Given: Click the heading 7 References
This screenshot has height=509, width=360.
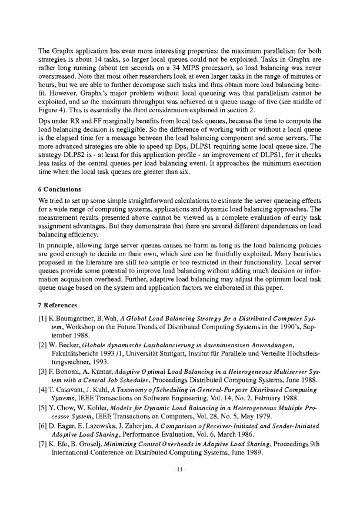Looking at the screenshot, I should click(60, 306).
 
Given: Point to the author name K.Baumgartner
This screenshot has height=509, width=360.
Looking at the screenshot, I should click(75, 319).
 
